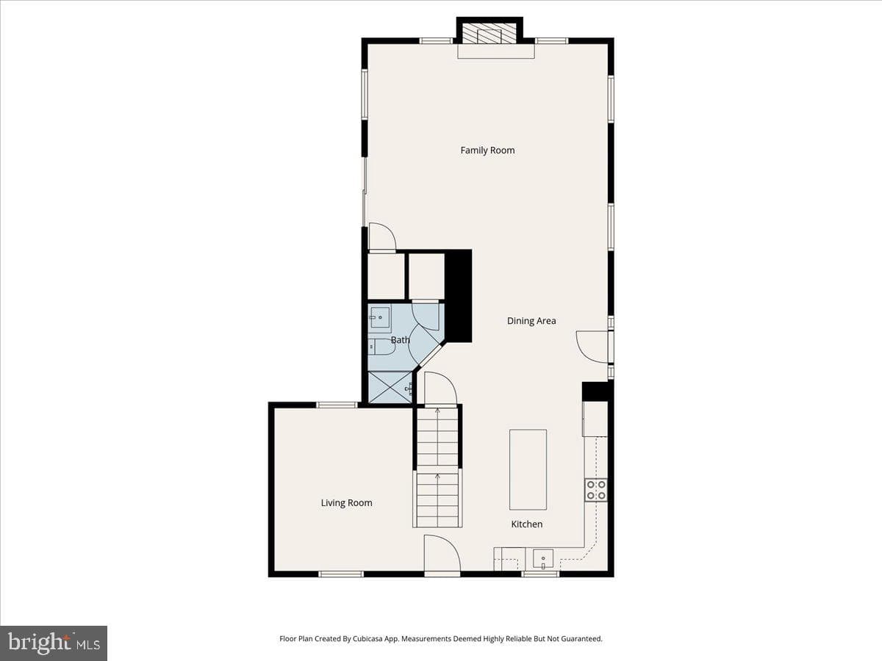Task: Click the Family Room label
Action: point(487,151)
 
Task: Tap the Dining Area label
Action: point(531,321)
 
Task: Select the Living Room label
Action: point(346,503)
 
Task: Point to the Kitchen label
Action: point(527,524)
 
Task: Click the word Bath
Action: point(401,340)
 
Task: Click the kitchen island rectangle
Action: point(528,469)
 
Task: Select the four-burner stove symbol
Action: point(596,490)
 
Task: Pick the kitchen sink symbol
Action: point(543,560)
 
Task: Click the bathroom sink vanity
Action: point(380,318)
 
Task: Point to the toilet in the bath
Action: point(381,347)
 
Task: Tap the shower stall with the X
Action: point(390,387)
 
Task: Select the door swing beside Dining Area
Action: point(592,347)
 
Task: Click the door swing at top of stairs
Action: point(441,389)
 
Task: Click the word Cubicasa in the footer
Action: point(367,638)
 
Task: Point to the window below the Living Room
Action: point(341,574)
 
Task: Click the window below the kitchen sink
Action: point(540,574)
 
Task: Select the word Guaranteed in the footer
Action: point(582,638)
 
